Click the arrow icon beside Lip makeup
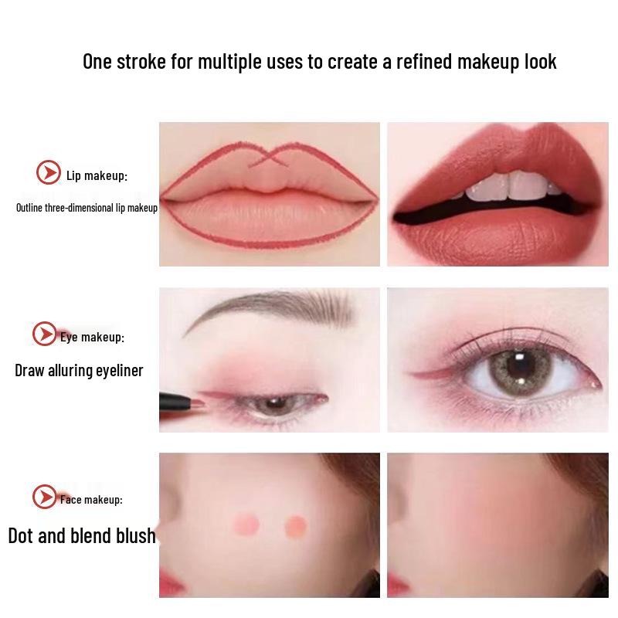click(x=49, y=172)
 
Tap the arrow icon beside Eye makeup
click(x=45, y=334)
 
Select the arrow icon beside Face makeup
click(x=45, y=497)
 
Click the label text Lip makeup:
click(x=97, y=176)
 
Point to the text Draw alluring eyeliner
click(x=79, y=371)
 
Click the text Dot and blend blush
click(x=82, y=535)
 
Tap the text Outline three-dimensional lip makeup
click(x=87, y=208)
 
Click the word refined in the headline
click(x=425, y=62)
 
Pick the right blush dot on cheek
click(x=295, y=525)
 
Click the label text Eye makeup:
click(x=92, y=337)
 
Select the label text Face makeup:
click(x=91, y=500)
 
